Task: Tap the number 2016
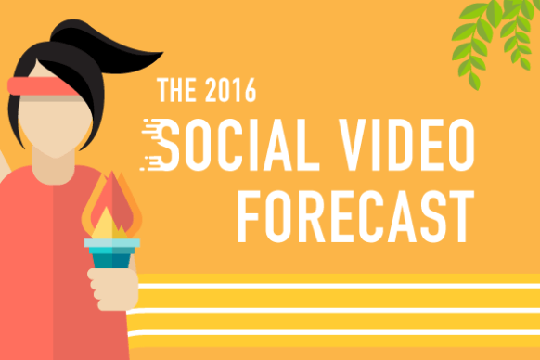pyautogui.click(x=231, y=90)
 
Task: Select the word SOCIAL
pyautogui.click(x=239, y=145)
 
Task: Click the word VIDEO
pyautogui.click(x=406, y=145)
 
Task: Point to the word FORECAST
pyautogui.click(x=355, y=216)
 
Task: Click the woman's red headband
pyautogui.click(x=43, y=86)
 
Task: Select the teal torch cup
pyautogui.click(x=112, y=257)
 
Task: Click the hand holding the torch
pyautogui.click(x=113, y=289)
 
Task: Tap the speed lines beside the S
pyautogui.click(x=151, y=145)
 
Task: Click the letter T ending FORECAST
pyautogui.click(x=462, y=216)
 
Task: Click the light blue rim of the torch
pyautogui.click(x=112, y=243)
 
